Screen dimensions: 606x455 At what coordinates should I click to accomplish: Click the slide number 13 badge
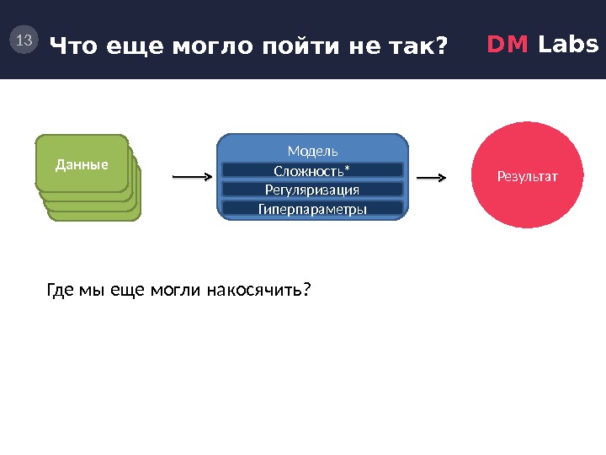24,40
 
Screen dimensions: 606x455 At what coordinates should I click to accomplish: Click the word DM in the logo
508,44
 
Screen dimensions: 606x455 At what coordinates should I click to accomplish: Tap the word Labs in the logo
568,44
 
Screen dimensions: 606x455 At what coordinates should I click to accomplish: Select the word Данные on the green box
82,164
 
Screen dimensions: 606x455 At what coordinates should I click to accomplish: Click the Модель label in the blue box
312,151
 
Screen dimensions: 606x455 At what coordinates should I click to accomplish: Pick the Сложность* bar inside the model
312,170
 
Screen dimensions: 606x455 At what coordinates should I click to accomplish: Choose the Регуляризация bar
312,190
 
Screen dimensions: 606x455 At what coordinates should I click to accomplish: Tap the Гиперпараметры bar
312,208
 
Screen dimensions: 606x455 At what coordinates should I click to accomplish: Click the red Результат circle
528,177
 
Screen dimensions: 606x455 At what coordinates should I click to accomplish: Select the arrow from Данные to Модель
191,178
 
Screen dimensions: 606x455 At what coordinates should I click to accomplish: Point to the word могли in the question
173,291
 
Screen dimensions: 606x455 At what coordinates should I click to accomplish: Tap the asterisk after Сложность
347,169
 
